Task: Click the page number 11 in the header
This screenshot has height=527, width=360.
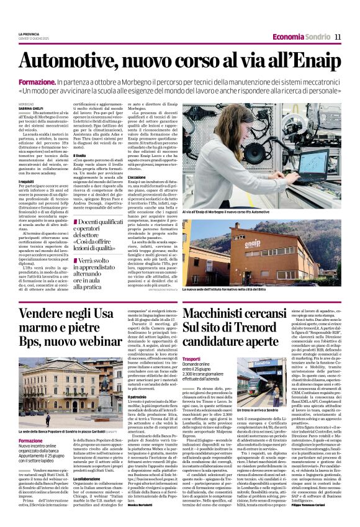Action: [338, 37]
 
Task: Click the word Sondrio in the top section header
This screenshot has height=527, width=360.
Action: [317, 37]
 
